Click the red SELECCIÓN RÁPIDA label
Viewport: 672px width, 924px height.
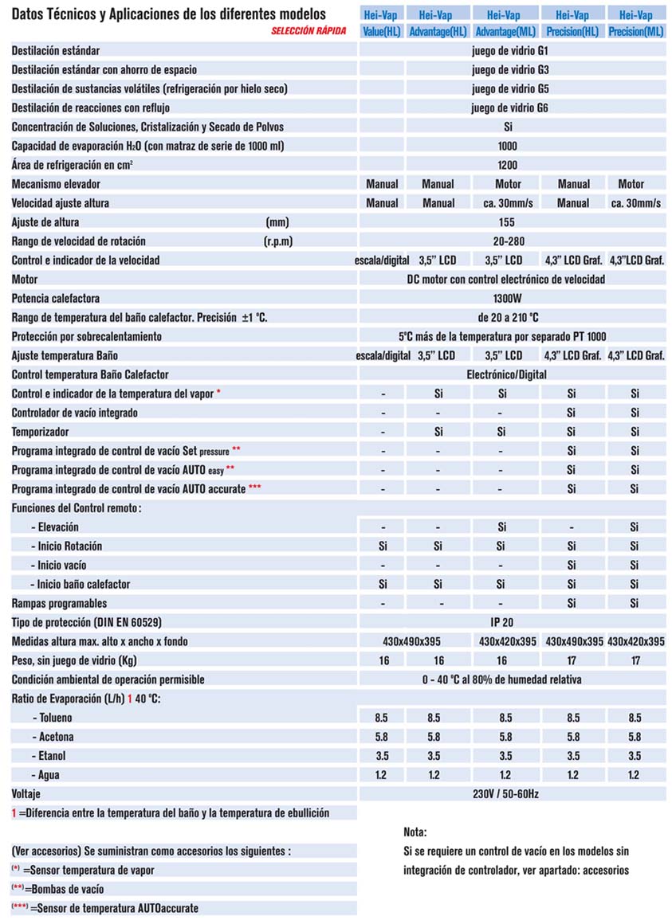[308, 32]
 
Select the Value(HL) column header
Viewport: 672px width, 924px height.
[382, 32]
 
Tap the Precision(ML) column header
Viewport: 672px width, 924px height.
[635, 32]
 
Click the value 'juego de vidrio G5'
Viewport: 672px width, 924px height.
[510, 88]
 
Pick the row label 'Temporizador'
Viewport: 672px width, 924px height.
[40, 432]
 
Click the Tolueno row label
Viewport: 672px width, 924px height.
[55, 718]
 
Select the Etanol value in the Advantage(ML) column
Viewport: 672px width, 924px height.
[506, 756]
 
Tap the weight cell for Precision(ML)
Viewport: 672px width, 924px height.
[635, 660]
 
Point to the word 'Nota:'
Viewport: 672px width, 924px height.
[415, 832]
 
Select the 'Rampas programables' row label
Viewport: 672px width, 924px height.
[59, 603]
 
